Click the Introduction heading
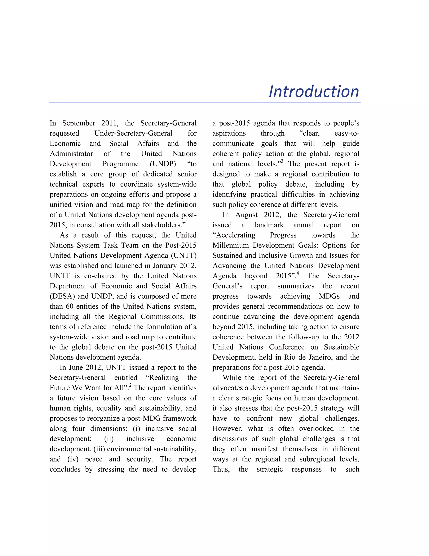point(314,91)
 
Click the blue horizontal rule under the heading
point(205,103)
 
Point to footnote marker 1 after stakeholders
point(187,222)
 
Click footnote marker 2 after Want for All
point(130,385)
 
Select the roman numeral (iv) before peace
point(73,459)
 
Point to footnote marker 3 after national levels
point(282,161)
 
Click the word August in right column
point(246,215)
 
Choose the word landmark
point(269,225)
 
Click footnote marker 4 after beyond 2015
point(298,273)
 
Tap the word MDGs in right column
point(329,296)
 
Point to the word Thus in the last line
point(221,469)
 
